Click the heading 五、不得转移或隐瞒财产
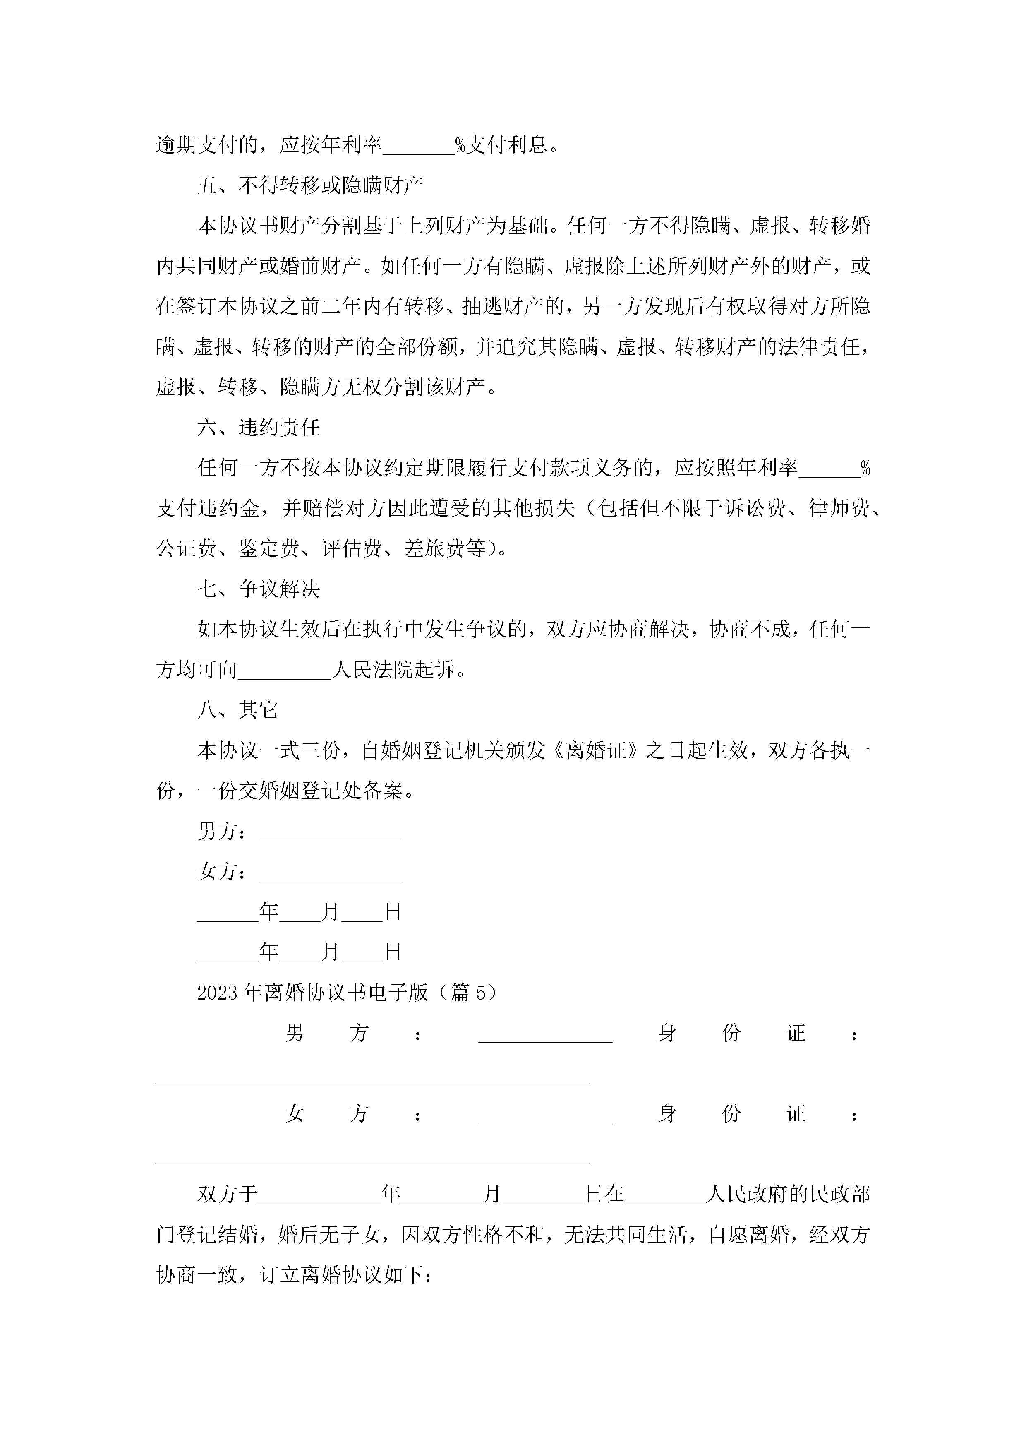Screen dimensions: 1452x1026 pos(310,185)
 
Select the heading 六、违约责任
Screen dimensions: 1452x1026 pos(259,428)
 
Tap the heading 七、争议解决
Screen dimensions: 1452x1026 pos(259,589)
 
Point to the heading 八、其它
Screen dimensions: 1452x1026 pos(238,710)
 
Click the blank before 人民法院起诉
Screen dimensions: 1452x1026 pos(285,671)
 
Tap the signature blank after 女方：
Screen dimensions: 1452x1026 pos(331,873)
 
